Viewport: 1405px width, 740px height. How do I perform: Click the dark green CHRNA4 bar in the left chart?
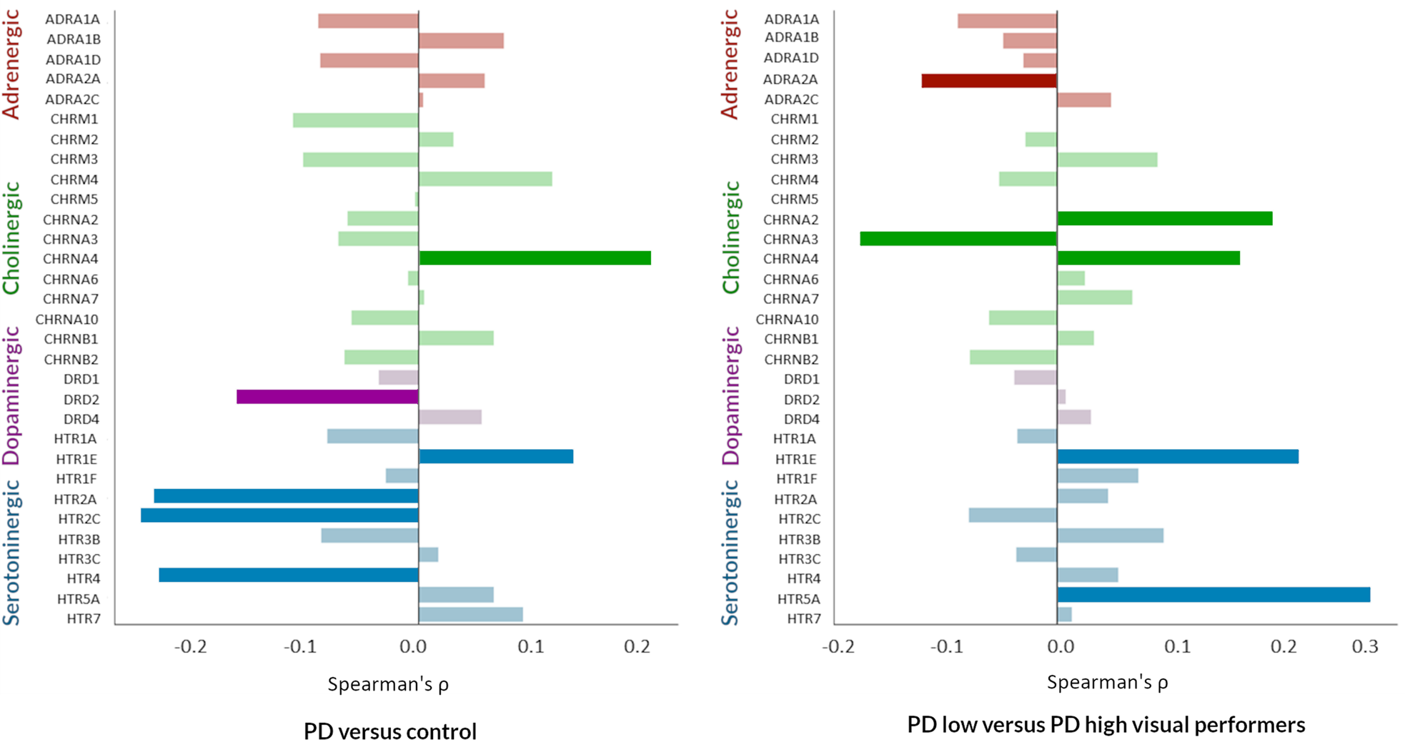tap(535, 258)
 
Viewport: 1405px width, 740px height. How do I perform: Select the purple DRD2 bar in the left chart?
tap(327, 397)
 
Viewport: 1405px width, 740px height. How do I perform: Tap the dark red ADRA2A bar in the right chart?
tap(988, 80)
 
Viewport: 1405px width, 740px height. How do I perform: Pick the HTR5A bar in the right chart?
tap(1213, 595)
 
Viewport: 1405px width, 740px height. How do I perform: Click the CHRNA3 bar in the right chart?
tap(958, 239)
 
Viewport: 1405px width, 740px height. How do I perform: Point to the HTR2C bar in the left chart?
tap(279, 515)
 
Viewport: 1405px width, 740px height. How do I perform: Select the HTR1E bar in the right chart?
tap(1177, 456)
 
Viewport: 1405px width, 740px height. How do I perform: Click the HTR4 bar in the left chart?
tap(288, 575)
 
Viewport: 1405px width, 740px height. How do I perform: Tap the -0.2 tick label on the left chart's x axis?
tap(190, 647)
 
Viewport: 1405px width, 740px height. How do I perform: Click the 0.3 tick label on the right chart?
tap(1365, 647)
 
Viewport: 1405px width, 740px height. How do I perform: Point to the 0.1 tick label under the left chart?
tap(530, 647)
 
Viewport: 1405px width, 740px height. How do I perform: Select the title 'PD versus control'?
tap(389, 731)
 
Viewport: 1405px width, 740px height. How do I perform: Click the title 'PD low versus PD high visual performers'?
tap(1106, 725)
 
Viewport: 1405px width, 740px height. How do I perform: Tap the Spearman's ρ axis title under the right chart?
tap(1107, 682)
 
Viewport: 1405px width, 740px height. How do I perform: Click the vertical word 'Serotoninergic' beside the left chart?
tap(11, 553)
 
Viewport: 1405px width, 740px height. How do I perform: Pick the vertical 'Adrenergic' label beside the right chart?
tap(729, 64)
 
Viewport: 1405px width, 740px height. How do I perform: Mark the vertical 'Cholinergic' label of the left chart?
tap(11, 237)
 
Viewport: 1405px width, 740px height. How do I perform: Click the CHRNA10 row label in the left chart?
tap(66, 319)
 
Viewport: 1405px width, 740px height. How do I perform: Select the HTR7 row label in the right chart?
tap(803, 618)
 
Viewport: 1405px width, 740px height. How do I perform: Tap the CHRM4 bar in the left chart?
tap(485, 179)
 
